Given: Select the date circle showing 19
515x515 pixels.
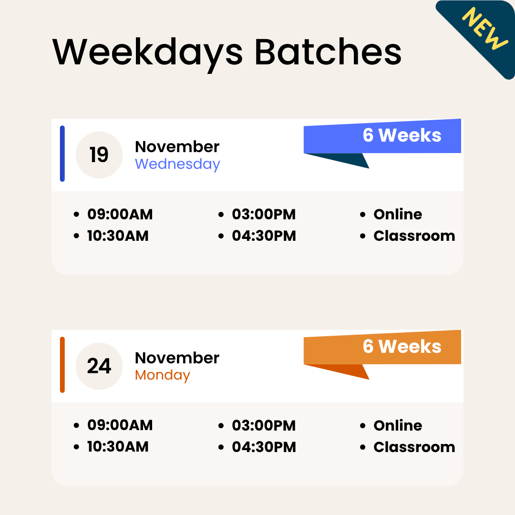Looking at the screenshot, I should point(99,155).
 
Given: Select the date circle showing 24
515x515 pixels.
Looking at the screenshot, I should point(99,366).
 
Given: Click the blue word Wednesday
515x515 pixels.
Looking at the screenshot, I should point(177,164).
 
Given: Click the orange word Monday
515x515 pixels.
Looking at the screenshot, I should point(163,375).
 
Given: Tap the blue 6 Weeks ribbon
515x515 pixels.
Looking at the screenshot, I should point(402,135).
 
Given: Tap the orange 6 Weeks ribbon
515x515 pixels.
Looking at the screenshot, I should point(402,347).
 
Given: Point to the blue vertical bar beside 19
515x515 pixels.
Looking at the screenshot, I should point(62,154).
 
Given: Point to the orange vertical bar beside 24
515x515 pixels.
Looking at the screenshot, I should point(62,365).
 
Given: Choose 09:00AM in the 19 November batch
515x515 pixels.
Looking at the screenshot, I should point(120,215).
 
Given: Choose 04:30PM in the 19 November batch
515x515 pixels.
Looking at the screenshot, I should point(264,236).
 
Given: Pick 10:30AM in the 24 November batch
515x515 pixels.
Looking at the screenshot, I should point(118,447).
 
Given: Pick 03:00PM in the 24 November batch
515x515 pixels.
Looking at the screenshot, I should point(264,426).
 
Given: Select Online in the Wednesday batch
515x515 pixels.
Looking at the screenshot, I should point(398,215).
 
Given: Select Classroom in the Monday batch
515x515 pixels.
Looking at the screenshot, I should point(414,447).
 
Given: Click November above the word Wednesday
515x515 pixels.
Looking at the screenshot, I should point(177,147).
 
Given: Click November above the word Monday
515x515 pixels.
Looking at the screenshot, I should point(177,358).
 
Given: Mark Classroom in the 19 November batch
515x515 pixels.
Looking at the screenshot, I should point(414,236).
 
